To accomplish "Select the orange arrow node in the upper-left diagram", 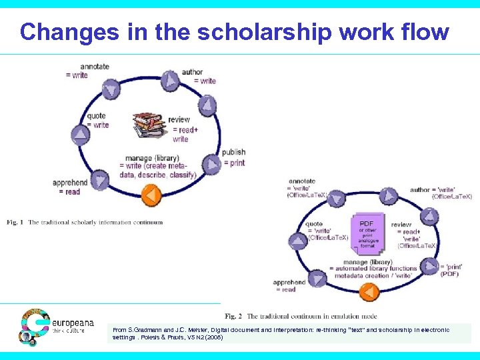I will pyautogui.click(x=152, y=195).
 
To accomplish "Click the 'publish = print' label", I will pyautogui.click(x=233, y=157).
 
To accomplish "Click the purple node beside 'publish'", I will pyautogui.click(x=211, y=163).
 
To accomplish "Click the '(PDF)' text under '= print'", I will pyautogui.click(x=449, y=273).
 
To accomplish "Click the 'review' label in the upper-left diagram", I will pyautogui.click(x=179, y=120).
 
